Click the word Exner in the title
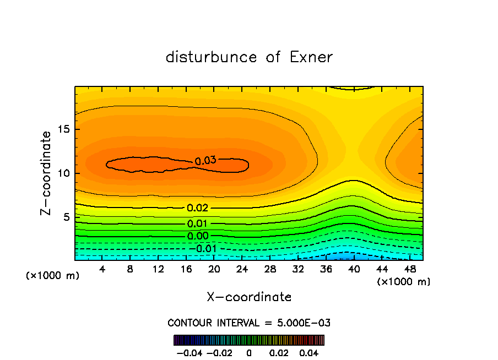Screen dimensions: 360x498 pos(311,57)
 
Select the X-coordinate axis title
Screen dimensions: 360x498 pos(249,297)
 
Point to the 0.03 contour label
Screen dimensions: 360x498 pos(205,161)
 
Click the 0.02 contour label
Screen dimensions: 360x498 pos(198,208)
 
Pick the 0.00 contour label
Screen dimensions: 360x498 pos(198,236)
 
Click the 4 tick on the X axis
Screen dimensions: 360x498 pos(102,269)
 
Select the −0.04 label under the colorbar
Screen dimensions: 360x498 pos(189,352)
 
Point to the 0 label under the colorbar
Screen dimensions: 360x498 pos(249,352)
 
